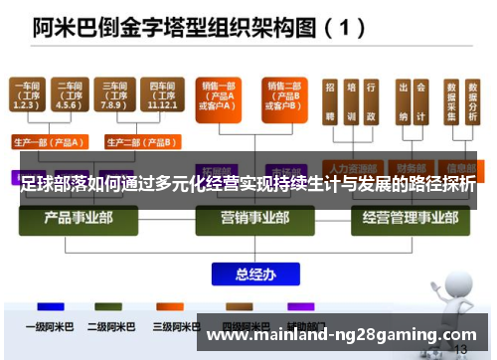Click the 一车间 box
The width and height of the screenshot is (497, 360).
28,96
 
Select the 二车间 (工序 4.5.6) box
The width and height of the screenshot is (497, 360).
69,96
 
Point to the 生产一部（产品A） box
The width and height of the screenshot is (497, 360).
49,140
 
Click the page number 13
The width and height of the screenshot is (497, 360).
459,350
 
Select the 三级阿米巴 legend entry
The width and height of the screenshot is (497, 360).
174,325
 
